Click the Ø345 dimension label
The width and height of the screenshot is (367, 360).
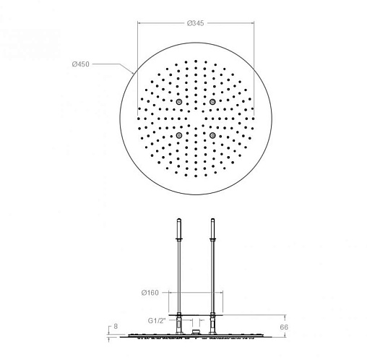tap(195, 23)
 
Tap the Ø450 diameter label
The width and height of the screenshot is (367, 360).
tap(81, 64)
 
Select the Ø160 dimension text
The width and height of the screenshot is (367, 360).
tap(150, 293)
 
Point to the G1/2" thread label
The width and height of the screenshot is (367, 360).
tap(157, 321)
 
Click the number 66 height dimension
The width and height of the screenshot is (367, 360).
tap(284, 327)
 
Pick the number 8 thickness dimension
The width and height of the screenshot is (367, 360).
tap(116, 326)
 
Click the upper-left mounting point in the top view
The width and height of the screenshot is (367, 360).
tap(178, 102)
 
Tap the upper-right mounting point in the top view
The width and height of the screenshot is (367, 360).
tap(212, 102)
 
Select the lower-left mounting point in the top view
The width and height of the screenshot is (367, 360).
tap(178, 135)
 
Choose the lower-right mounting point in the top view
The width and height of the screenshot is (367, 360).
tap(212, 135)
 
